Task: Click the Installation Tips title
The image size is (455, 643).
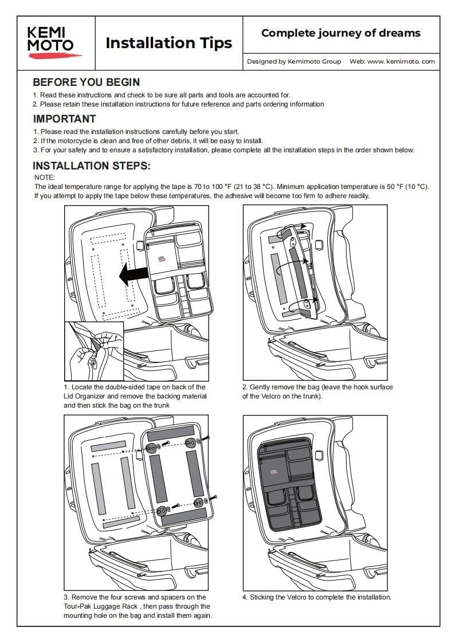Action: pos(169,43)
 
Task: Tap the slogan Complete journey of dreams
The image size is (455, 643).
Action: pos(340,33)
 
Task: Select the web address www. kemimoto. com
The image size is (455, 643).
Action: pos(401,61)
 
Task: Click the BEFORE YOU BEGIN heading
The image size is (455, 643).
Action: pos(86,82)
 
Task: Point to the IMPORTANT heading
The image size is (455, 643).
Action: pos(64,119)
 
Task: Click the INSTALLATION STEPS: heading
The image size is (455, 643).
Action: pos(91,166)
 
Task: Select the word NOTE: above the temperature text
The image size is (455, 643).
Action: pos(45,177)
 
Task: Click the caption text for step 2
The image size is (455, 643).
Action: pos(317,392)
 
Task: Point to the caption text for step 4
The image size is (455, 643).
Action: pos(317,597)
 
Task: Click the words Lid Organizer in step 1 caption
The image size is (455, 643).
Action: pos(83,396)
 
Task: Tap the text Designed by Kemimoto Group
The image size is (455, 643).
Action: pos(294,61)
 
